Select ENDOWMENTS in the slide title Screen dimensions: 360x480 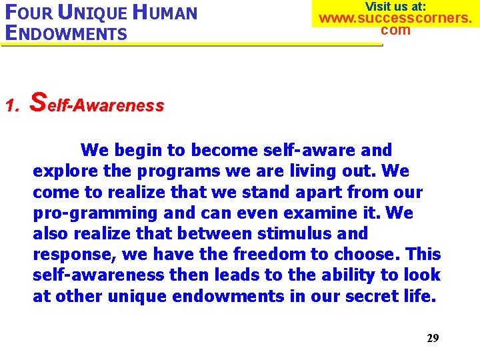pos(65,33)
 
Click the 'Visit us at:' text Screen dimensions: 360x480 pos(395,6)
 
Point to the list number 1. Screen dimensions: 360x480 pos(11,105)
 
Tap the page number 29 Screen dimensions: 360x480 pos(433,338)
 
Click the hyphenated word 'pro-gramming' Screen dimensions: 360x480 pos(84,213)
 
